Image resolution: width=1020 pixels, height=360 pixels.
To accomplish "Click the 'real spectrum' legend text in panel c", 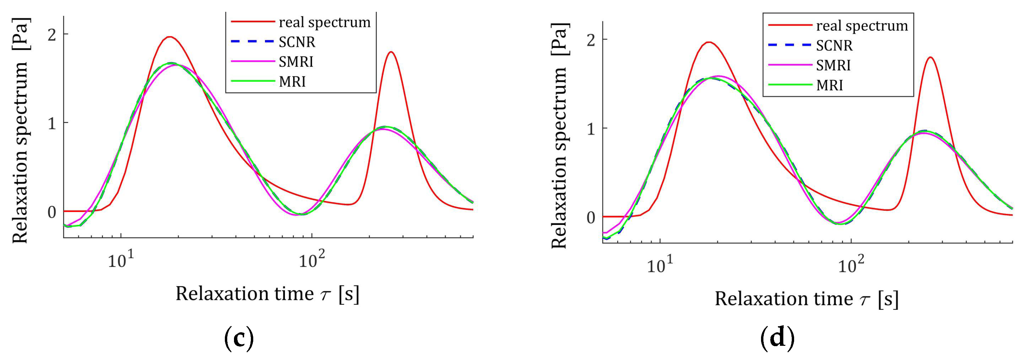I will coord(324,22).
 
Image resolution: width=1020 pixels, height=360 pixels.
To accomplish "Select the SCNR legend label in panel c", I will coord(297,42).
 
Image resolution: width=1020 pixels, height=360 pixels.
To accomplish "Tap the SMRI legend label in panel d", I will coord(833,65).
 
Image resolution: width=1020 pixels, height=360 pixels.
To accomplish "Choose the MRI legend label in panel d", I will coord(830,85).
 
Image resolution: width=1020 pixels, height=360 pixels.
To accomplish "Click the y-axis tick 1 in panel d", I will coord(591,128).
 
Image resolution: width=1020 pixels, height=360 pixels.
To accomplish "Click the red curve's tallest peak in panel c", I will coord(169,37).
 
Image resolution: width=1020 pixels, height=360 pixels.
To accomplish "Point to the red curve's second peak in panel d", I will coord(930,57).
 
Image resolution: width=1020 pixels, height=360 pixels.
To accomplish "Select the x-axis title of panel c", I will coord(268,294).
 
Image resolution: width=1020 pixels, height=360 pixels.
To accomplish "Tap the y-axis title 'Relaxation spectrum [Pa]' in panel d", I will coord(559,135).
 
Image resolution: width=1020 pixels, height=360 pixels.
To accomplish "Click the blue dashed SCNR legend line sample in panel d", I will coord(790,45).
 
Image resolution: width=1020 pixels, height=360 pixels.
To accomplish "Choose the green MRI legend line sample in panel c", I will coord(252,81).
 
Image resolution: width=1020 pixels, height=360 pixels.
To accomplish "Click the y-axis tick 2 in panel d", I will coord(591,40).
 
